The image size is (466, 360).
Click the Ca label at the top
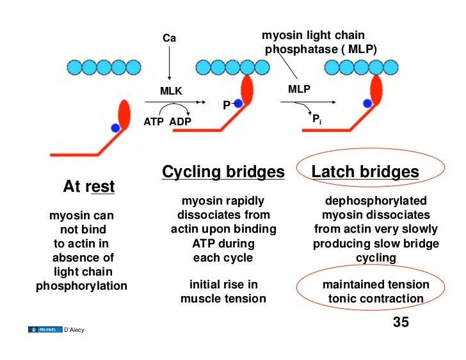coord(169,38)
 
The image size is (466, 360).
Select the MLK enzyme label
coord(171,91)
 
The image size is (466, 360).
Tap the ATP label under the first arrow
coord(154,121)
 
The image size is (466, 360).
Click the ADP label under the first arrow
coord(181,121)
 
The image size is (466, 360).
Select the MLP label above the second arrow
coord(299,90)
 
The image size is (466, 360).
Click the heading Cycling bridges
coord(223,172)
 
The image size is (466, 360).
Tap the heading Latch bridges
coord(365,172)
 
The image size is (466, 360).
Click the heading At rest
coord(88,187)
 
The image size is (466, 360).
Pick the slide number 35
coord(400,322)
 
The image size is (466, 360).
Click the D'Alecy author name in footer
coord(74,330)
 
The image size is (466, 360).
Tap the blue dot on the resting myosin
coord(115,128)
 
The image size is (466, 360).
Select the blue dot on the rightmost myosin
coord(367,102)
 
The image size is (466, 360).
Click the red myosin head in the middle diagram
coord(246,90)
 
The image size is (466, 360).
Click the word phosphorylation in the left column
coord(81,286)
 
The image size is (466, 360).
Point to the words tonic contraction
coord(376,299)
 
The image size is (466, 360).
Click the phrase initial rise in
coord(223,285)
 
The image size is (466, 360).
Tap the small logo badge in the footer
coord(45,330)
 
